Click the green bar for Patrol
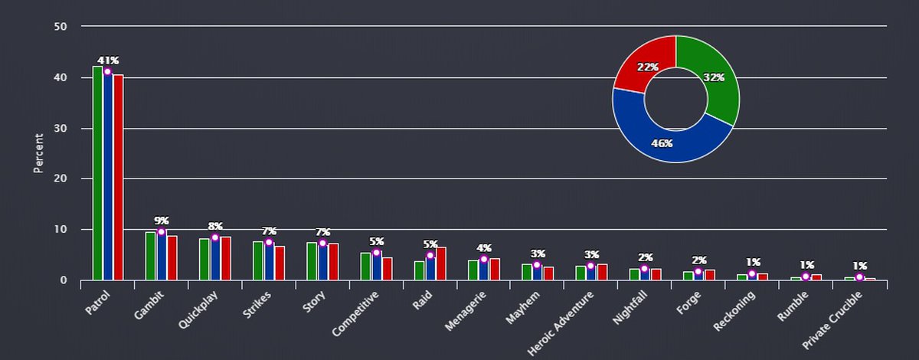tap(97, 173)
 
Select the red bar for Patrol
tap(119, 177)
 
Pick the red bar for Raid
tap(441, 263)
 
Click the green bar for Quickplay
tap(204, 260)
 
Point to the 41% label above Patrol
tap(108, 61)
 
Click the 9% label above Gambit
tap(162, 221)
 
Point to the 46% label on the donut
tap(662, 143)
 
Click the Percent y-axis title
tap(38, 153)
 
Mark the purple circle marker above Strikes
tap(269, 243)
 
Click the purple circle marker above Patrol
tap(108, 72)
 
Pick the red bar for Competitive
tap(388, 269)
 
